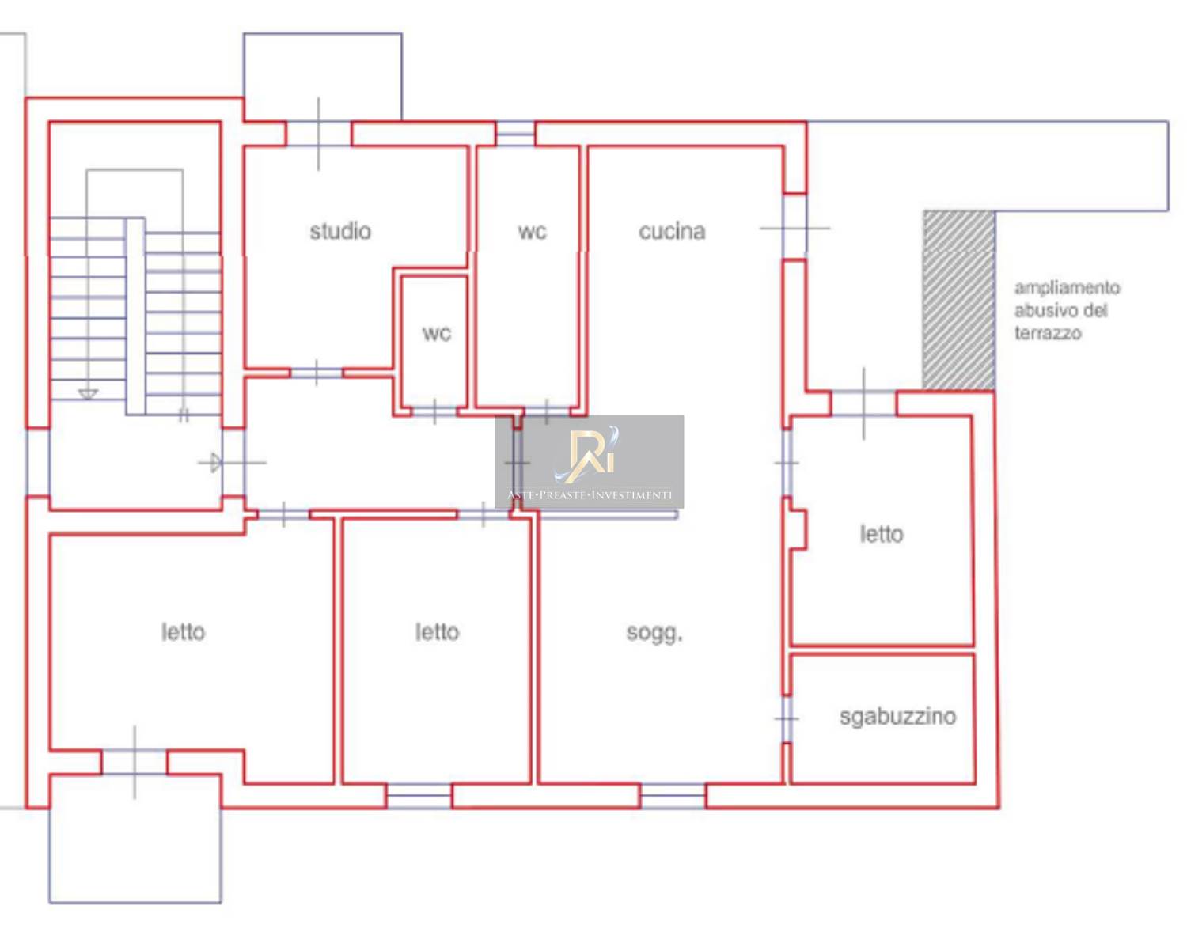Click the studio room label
340,232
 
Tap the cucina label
672,232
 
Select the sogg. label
654,633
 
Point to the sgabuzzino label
897,717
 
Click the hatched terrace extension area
958,301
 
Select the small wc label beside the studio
437,333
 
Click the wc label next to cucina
532,232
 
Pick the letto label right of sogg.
882,534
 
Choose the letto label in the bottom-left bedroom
183,632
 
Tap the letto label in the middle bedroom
437,632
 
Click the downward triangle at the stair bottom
88,393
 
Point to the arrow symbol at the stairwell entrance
215,463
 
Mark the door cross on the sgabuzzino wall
787,719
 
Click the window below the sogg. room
673,796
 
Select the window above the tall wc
515,133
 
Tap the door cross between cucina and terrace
794,228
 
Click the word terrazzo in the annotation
1048,333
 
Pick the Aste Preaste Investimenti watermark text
590,495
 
